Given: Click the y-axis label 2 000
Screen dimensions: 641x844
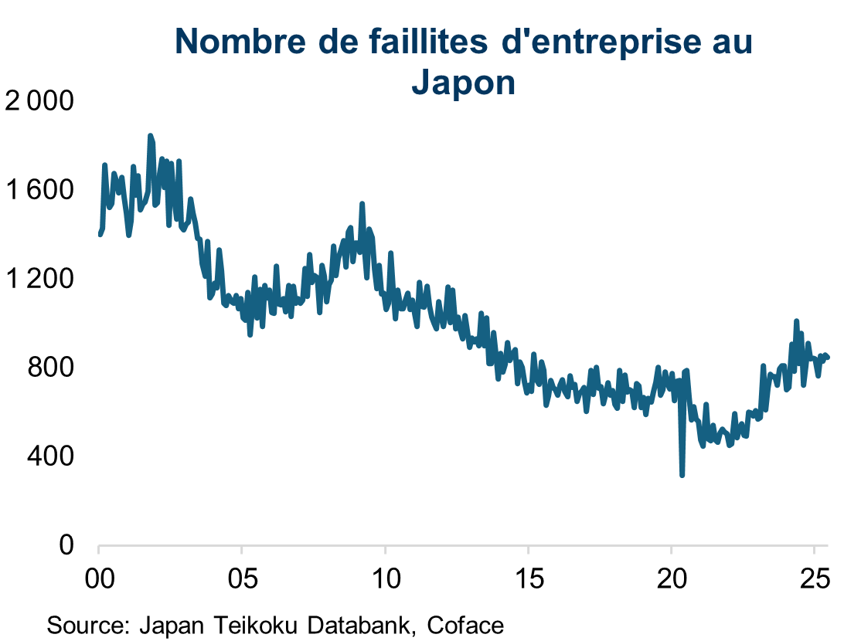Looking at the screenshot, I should point(39,101).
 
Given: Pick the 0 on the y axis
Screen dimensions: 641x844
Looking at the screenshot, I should point(67,545).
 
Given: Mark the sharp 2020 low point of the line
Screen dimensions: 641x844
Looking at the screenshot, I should point(682,475).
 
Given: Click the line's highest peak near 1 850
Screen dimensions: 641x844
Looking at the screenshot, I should point(151,136).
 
